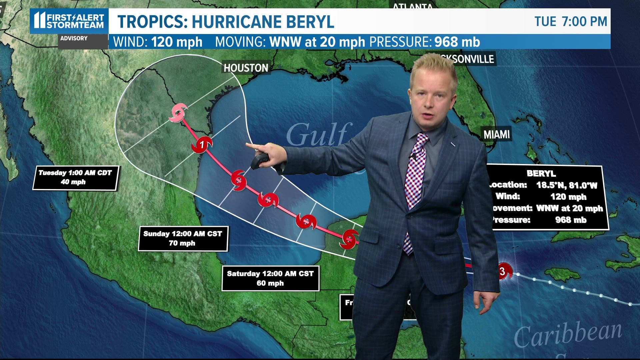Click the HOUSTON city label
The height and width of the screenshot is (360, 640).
(246, 68)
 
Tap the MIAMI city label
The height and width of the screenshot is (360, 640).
(497, 135)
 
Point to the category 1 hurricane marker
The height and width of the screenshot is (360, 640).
(202, 144)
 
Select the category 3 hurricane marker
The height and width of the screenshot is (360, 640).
(503, 271)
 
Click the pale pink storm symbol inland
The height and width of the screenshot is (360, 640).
(178, 113)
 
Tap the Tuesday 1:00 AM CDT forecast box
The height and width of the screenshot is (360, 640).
(75, 178)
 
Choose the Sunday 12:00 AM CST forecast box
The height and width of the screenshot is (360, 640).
(183, 238)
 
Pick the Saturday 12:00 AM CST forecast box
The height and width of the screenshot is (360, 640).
(270, 278)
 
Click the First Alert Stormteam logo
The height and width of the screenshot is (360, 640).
(69, 21)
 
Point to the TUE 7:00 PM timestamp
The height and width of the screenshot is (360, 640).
(571, 22)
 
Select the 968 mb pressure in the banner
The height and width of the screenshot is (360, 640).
(457, 42)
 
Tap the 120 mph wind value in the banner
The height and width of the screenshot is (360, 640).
(177, 42)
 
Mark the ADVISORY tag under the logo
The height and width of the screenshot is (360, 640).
(74, 38)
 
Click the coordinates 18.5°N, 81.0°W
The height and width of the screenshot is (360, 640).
(567, 185)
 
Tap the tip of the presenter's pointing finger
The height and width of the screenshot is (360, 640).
(247, 144)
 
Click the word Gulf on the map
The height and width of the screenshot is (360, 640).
(318, 135)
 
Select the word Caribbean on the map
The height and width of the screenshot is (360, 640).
(568, 334)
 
